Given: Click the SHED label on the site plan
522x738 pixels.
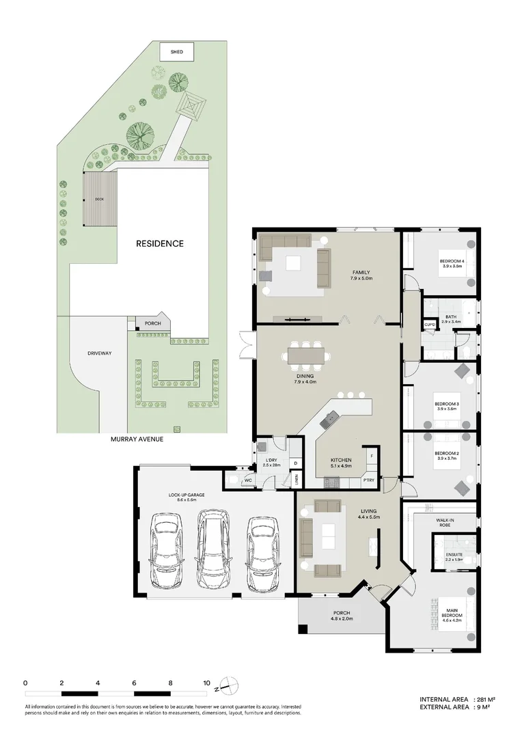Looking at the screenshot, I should click(177, 51).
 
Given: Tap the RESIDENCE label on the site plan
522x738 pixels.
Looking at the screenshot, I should click(159, 243).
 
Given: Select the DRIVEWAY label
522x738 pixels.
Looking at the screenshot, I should click(100, 353).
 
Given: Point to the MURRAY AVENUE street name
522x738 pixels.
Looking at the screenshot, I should click(137, 440).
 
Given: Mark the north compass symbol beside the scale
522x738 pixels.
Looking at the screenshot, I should click(231, 685).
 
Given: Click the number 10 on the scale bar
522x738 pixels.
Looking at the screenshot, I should click(206, 683).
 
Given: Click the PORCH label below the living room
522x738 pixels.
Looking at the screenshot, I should click(341, 614).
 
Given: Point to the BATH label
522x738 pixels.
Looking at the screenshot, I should click(452, 318).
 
